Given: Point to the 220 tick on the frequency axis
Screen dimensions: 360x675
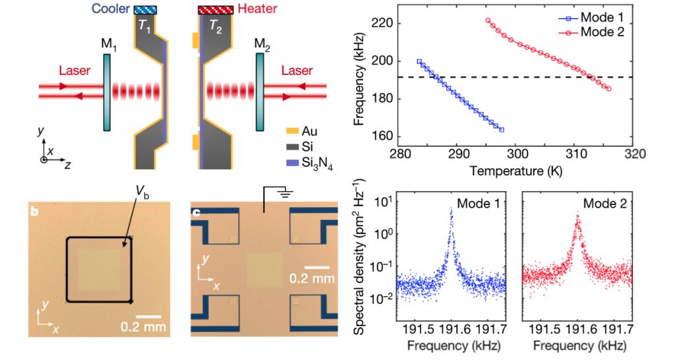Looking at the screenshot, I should coord(382,23).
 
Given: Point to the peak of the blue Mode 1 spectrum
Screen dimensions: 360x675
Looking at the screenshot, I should coord(452,208).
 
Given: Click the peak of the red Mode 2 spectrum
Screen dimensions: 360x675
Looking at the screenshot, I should coord(577,212).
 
